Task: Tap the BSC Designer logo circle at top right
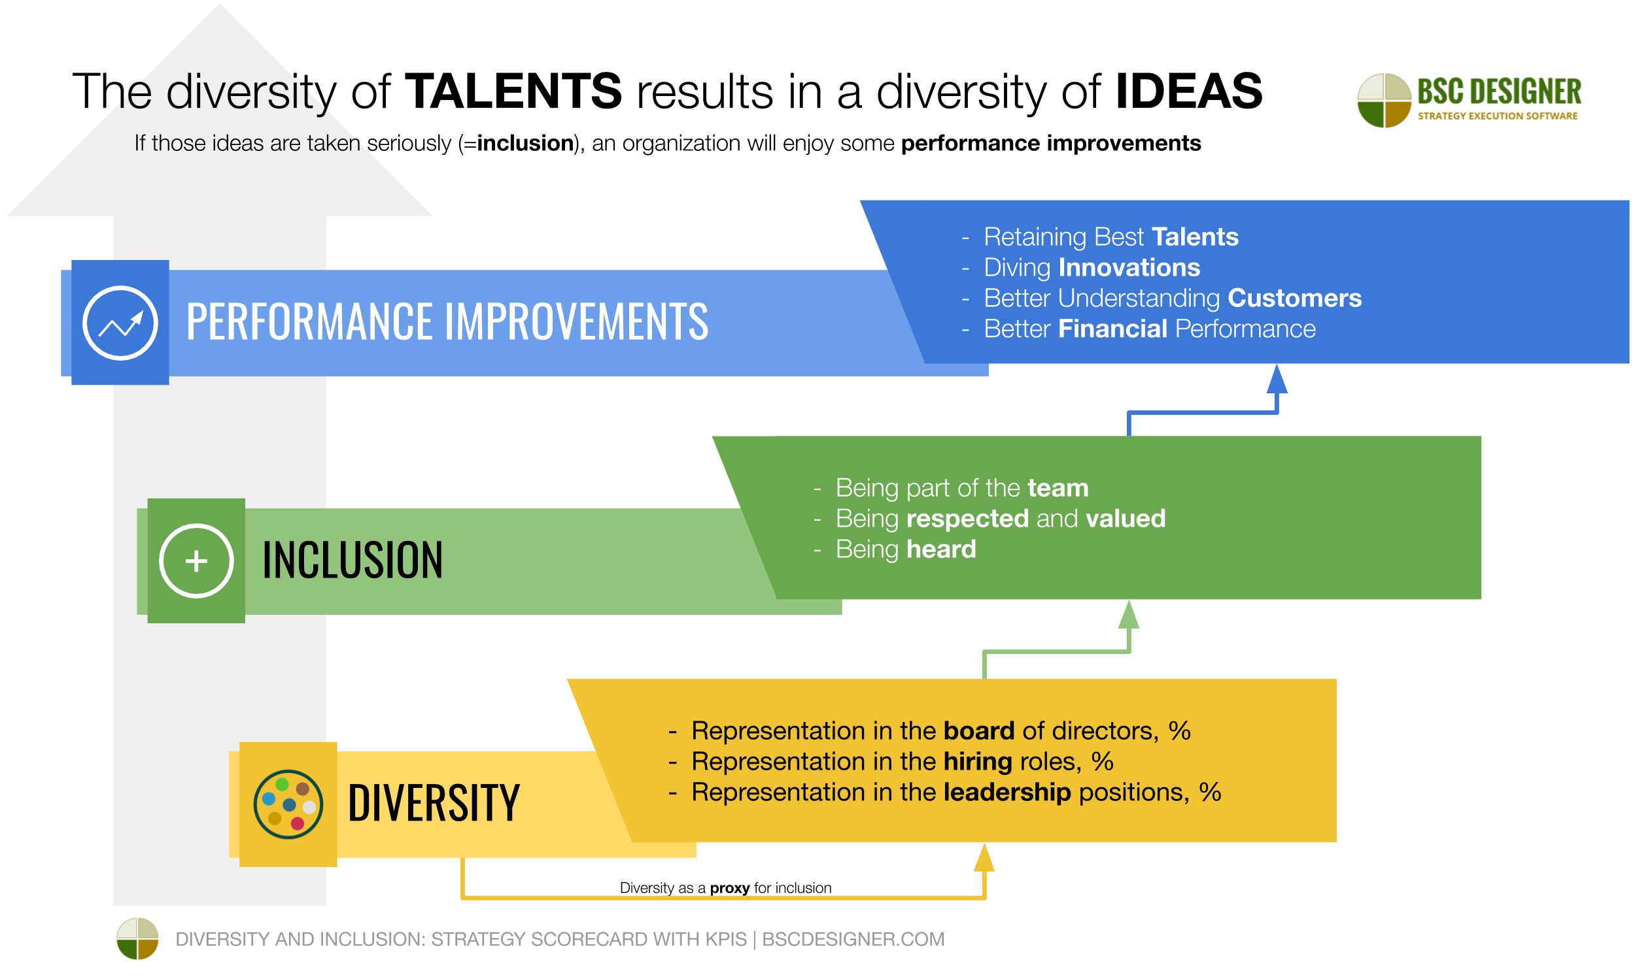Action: pyautogui.click(x=1384, y=101)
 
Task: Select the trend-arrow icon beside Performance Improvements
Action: pyautogui.click(x=120, y=323)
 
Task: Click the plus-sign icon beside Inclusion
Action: pyautogui.click(x=196, y=561)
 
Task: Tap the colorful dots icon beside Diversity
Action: pyautogui.click(x=288, y=804)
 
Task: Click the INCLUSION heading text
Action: pyautogui.click(x=353, y=561)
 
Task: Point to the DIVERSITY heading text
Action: pyautogui.click(x=434, y=804)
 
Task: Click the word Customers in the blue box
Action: pyautogui.click(x=1294, y=298)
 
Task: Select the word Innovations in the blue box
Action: pyautogui.click(x=1129, y=267)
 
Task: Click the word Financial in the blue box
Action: pyautogui.click(x=1112, y=329)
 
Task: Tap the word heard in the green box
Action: pyautogui.click(x=940, y=549)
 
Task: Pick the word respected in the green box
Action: pyautogui.click(x=967, y=518)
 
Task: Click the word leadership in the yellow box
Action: pyautogui.click(x=1007, y=792)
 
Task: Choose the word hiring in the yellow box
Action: pyautogui.click(x=978, y=761)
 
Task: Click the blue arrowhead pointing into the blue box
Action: pyautogui.click(x=1277, y=380)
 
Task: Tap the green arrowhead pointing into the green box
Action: pyautogui.click(x=1129, y=615)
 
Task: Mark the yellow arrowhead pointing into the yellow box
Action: pyautogui.click(x=984, y=858)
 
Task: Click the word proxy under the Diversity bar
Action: pyautogui.click(x=729, y=889)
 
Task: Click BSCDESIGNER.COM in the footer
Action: pyautogui.click(x=853, y=939)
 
